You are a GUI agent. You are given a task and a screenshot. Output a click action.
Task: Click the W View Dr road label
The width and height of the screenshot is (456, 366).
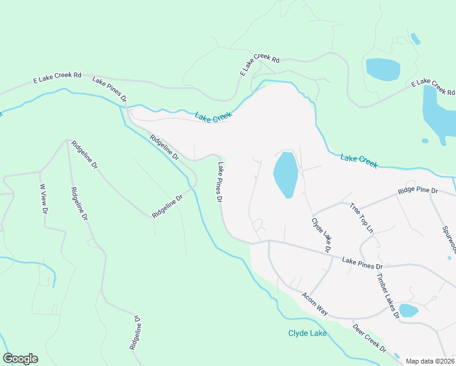tap(43, 199)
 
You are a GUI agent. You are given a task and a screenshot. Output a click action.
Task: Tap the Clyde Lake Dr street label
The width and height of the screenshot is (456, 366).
tap(321, 235)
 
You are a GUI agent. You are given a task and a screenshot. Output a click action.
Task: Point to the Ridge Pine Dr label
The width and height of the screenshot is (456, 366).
tap(418, 191)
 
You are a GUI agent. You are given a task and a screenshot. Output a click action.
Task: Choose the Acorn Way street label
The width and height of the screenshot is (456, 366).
tap(315, 303)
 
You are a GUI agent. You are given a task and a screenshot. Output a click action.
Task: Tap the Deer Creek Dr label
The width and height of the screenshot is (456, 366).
tap(369, 339)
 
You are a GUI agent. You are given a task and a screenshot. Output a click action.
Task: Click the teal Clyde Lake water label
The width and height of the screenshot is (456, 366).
tap(307, 333)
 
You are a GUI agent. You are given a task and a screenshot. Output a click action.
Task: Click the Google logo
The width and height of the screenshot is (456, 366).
tap(20, 359)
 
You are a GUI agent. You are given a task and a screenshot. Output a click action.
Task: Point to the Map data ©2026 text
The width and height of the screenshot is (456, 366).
tap(429, 361)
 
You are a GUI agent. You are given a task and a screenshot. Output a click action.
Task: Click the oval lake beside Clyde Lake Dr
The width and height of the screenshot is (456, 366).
tap(285, 174)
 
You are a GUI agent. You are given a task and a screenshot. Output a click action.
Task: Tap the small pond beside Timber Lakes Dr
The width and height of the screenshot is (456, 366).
tap(408, 310)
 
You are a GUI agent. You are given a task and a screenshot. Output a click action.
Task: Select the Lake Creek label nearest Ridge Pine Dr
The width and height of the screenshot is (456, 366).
tap(359, 161)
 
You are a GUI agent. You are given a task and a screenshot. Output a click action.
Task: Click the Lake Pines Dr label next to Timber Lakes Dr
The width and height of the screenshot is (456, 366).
tap(362, 264)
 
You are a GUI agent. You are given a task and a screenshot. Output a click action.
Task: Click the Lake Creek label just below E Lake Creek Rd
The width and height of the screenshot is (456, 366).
tap(214, 117)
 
